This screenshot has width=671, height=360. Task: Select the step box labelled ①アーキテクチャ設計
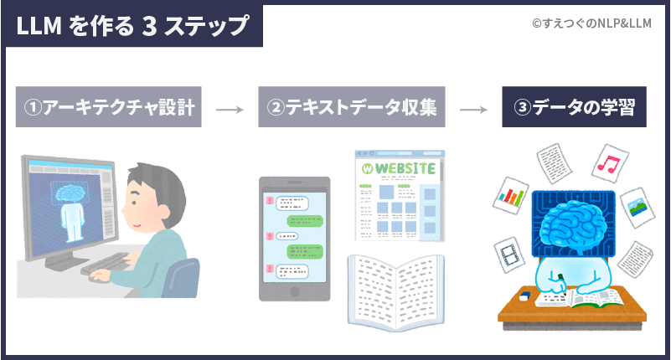(x=109, y=108)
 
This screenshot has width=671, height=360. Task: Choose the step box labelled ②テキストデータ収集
(x=351, y=108)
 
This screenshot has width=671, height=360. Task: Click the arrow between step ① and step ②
(x=230, y=109)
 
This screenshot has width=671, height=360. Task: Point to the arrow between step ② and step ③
(x=473, y=109)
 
